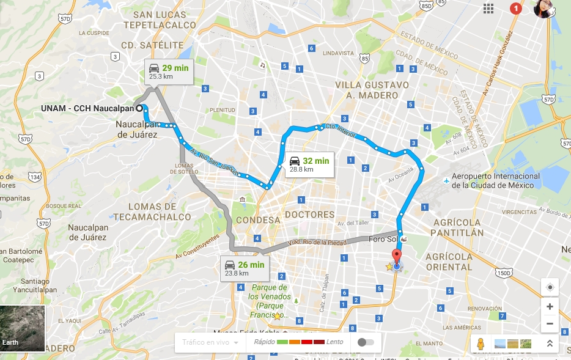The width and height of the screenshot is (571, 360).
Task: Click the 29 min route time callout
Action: (169, 72)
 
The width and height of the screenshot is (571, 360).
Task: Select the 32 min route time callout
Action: (309, 164)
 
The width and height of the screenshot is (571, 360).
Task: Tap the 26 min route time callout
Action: (244, 268)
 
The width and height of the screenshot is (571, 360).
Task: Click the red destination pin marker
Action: (397, 257)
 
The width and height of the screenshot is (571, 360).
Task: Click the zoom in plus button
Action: (550, 306)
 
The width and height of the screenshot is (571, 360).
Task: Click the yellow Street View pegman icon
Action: (481, 343)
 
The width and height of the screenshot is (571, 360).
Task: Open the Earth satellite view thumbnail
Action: (23, 328)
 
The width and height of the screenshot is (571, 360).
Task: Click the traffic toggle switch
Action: (366, 342)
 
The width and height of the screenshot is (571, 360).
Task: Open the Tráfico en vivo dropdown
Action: (210, 342)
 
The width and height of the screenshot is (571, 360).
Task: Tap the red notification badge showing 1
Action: (515, 9)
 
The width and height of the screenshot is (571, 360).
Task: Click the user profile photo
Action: (543, 9)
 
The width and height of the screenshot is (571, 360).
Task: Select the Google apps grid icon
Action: (488, 9)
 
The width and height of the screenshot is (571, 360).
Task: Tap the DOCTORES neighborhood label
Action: (310, 215)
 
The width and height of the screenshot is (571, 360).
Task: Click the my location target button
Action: (550, 288)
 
